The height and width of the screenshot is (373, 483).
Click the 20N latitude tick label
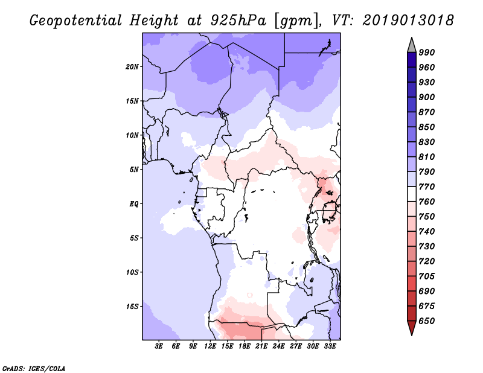click(132, 67)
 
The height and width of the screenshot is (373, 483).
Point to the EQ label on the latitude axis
click(134, 204)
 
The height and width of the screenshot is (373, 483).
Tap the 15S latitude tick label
click(132, 307)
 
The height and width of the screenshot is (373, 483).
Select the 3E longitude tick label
click(159, 346)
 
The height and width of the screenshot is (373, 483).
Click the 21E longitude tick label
click(261, 346)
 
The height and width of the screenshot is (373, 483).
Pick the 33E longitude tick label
click(330, 346)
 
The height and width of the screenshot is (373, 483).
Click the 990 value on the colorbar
click(427, 53)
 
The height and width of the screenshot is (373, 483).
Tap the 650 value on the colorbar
click(427, 321)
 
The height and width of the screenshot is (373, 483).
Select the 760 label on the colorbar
click(427, 202)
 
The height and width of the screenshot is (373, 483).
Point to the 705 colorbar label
click(427, 276)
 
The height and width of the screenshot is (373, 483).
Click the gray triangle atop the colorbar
click(412, 45)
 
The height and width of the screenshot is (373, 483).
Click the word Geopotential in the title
click(76, 21)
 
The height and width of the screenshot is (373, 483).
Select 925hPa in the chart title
click(238, 21)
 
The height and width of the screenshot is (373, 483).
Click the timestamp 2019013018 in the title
click(408, 21)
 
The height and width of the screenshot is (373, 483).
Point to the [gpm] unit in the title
click(296, 21)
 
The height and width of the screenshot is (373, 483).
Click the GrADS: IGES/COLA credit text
click(34, 368)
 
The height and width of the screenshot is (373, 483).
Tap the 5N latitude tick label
click(134, 170)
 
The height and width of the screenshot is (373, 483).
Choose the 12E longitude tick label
click(210, 346)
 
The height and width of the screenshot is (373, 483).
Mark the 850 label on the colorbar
click(427, 127)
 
